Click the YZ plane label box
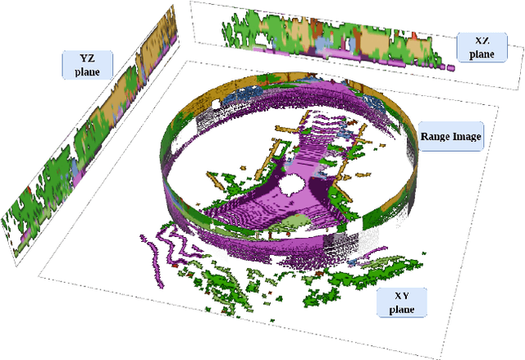point(86,64)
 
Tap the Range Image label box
point(450,136)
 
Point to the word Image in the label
point(465,136)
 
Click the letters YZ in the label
point(86,58)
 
